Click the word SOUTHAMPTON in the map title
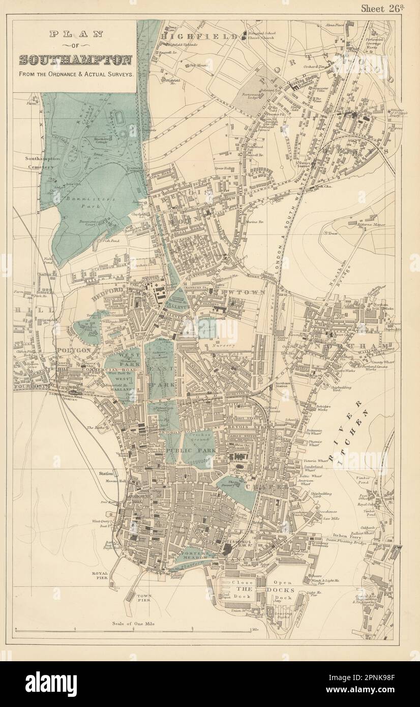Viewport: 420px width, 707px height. [x=75, y=60]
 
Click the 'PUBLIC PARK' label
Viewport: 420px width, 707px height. [x=190, y=450]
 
